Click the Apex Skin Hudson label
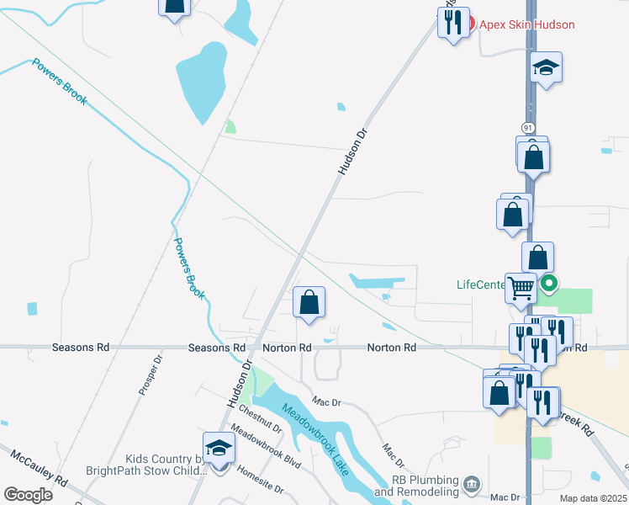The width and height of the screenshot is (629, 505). pos(527,24)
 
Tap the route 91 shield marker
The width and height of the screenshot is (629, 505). pos(527,127)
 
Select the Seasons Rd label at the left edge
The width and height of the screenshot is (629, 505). pos(81,347)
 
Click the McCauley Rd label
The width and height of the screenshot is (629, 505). pos(39,469)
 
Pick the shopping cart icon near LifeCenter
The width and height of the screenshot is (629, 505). pos(521,288)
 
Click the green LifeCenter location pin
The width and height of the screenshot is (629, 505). pos(549,284)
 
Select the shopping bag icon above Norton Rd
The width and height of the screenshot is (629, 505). pos(309,302)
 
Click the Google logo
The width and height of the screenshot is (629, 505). pos(28,494)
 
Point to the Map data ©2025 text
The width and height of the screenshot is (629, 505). pos(593,498)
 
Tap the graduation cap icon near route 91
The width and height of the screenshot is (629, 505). pos(547,67)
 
